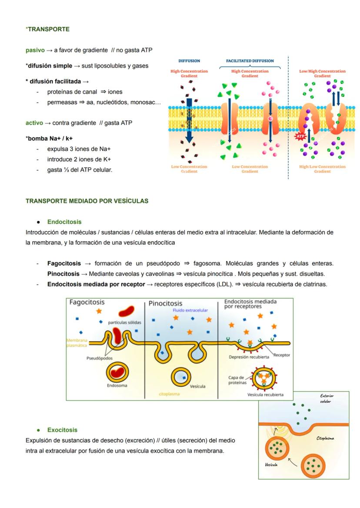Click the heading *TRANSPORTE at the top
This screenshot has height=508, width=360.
coord(48,29)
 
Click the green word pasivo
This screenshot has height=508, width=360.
coord(35,50)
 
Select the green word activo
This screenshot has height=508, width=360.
coord(34,123)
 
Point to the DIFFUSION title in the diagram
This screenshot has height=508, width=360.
coord(189,61)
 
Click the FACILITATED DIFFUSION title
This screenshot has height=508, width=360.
coord(250,61)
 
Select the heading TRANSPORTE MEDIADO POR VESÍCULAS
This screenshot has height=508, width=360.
coord(87,201)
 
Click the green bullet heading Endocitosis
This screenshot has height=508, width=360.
coord(64,222)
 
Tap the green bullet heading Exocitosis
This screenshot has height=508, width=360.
coord(63,430)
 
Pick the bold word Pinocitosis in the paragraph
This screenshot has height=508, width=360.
coord(63,274)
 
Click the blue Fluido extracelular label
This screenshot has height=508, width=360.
coord(190,310)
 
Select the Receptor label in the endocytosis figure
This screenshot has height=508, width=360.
coord(282,355)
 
